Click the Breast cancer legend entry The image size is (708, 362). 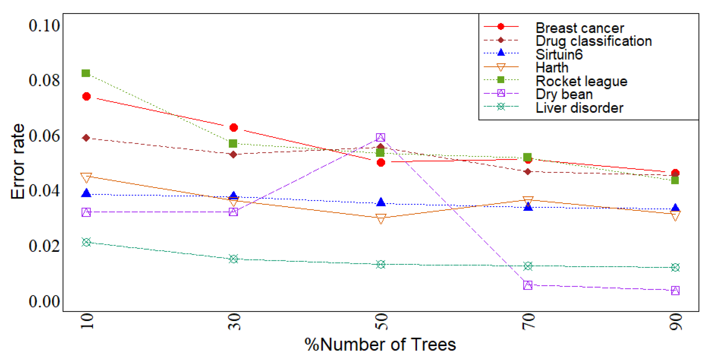point(579,28)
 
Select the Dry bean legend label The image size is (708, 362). point(564,95)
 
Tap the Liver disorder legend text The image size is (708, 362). point(579,108)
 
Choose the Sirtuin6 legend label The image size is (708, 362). point(559,55)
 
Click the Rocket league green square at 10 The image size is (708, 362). point(86,73)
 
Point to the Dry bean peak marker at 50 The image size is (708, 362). point(381,137)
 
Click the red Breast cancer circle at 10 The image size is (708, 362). point(87,97)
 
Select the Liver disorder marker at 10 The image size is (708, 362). point(86,242)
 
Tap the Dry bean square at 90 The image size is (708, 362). point(675,291)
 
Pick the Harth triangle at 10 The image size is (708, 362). point(86,178)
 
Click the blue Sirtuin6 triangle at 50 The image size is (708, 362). point(381,202)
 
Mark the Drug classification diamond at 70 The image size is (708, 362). point(528,172)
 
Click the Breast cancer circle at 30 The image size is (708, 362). point(234,127)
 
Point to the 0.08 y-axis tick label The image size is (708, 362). point(44,80)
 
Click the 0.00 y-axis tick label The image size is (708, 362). point(44,301)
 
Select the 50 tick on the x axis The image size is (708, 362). point(381,322)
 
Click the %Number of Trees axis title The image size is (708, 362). point(380,344)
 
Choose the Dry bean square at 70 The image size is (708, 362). point(528,285)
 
